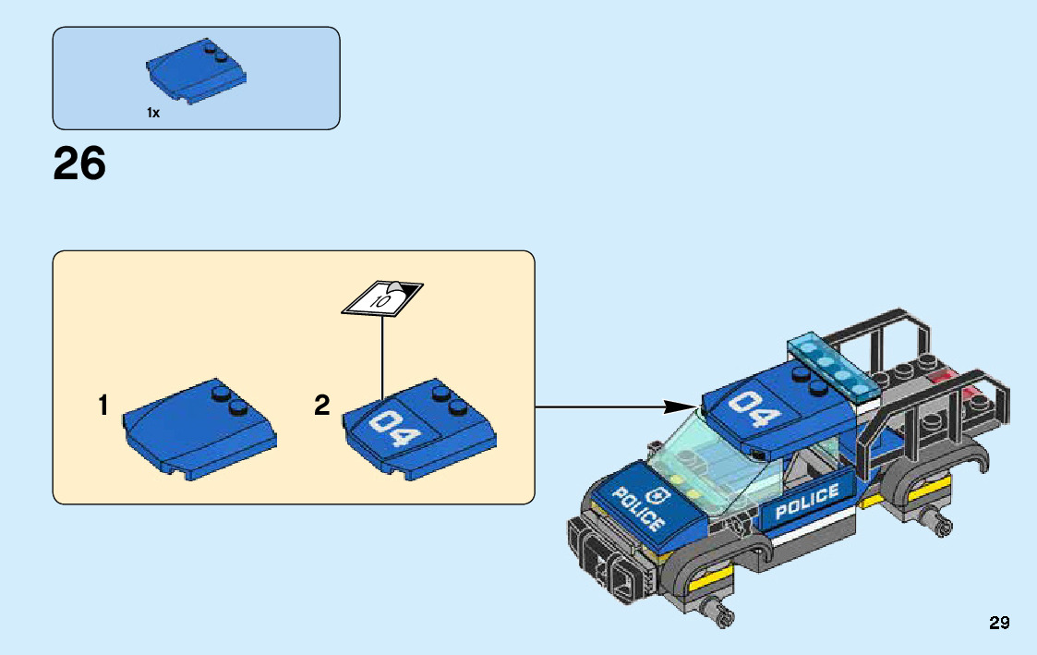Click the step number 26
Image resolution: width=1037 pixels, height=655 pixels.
pyautogui.click(x=79, y=164)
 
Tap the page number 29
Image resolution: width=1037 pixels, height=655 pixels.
pyautogui.click(x=999, y=624)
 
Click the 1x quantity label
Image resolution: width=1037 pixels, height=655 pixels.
pyautogui.click(x=153, y=113)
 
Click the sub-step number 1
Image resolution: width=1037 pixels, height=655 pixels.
pyautogui.click(x=103, y=405)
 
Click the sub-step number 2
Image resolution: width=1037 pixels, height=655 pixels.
pyautogui.click(x=321, y=405)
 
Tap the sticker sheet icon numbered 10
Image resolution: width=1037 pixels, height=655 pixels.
pyautogui.click(x=382, y=297)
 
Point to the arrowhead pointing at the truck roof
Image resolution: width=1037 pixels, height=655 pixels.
pyautogui.click(x=682, y=406)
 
